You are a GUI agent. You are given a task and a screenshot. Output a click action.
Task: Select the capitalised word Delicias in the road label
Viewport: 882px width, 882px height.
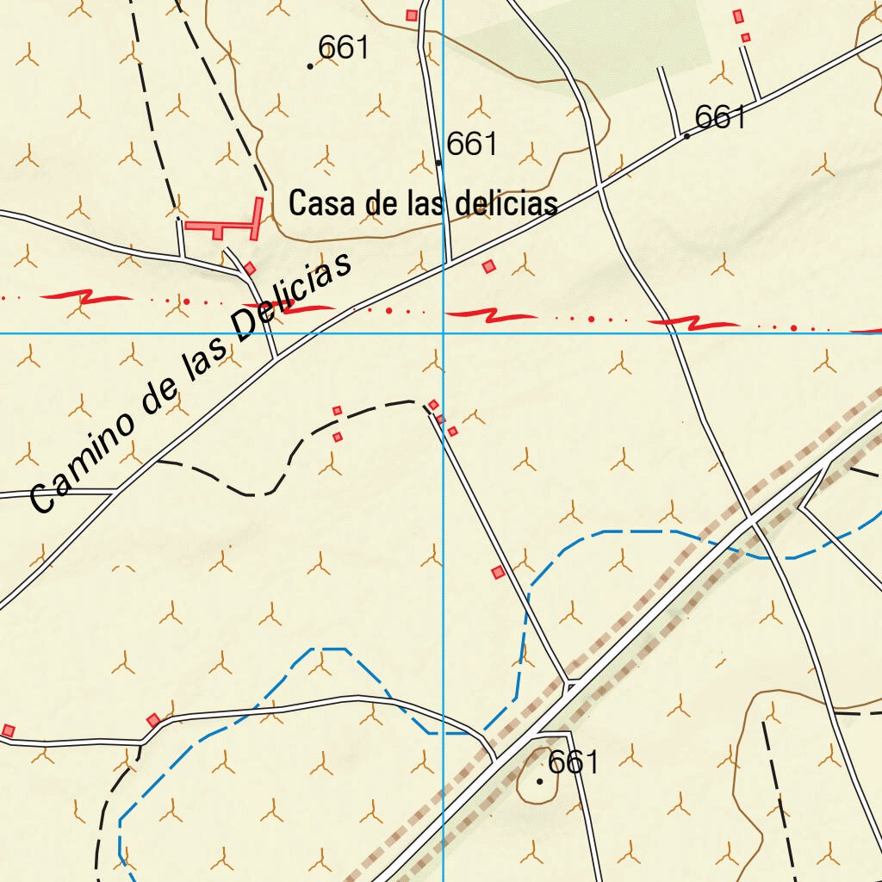[x=293, y=296]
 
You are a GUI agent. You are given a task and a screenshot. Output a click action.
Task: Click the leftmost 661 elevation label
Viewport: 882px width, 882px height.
[x=343, y=48]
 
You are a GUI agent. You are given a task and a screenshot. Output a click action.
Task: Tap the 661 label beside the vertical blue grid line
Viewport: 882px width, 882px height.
[x=472, y=144]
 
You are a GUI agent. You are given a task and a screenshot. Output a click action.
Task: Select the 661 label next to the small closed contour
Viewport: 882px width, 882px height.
[x=573, y=762]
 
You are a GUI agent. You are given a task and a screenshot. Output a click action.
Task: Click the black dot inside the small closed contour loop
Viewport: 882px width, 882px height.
[x=540, y=781]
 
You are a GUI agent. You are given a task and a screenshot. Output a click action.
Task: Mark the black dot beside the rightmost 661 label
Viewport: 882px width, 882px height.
[x=686, y=136]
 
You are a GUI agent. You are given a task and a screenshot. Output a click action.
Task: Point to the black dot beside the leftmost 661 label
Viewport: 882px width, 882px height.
[x=310, y=65]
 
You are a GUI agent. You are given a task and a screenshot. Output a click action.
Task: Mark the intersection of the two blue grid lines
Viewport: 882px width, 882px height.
[x=443, y=333]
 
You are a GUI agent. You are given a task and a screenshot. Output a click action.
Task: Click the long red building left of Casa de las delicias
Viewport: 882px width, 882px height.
[x=222, y=226]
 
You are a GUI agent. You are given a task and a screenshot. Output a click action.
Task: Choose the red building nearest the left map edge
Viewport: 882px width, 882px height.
[x=8, y=730]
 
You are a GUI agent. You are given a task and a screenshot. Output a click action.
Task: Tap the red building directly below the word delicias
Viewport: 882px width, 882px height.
[x=489, y=266]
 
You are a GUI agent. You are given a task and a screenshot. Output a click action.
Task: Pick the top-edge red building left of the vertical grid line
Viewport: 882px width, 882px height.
[x=412, y=15]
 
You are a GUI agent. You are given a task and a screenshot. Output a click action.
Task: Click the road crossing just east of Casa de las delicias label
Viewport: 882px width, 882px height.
[x=599, y=185]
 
